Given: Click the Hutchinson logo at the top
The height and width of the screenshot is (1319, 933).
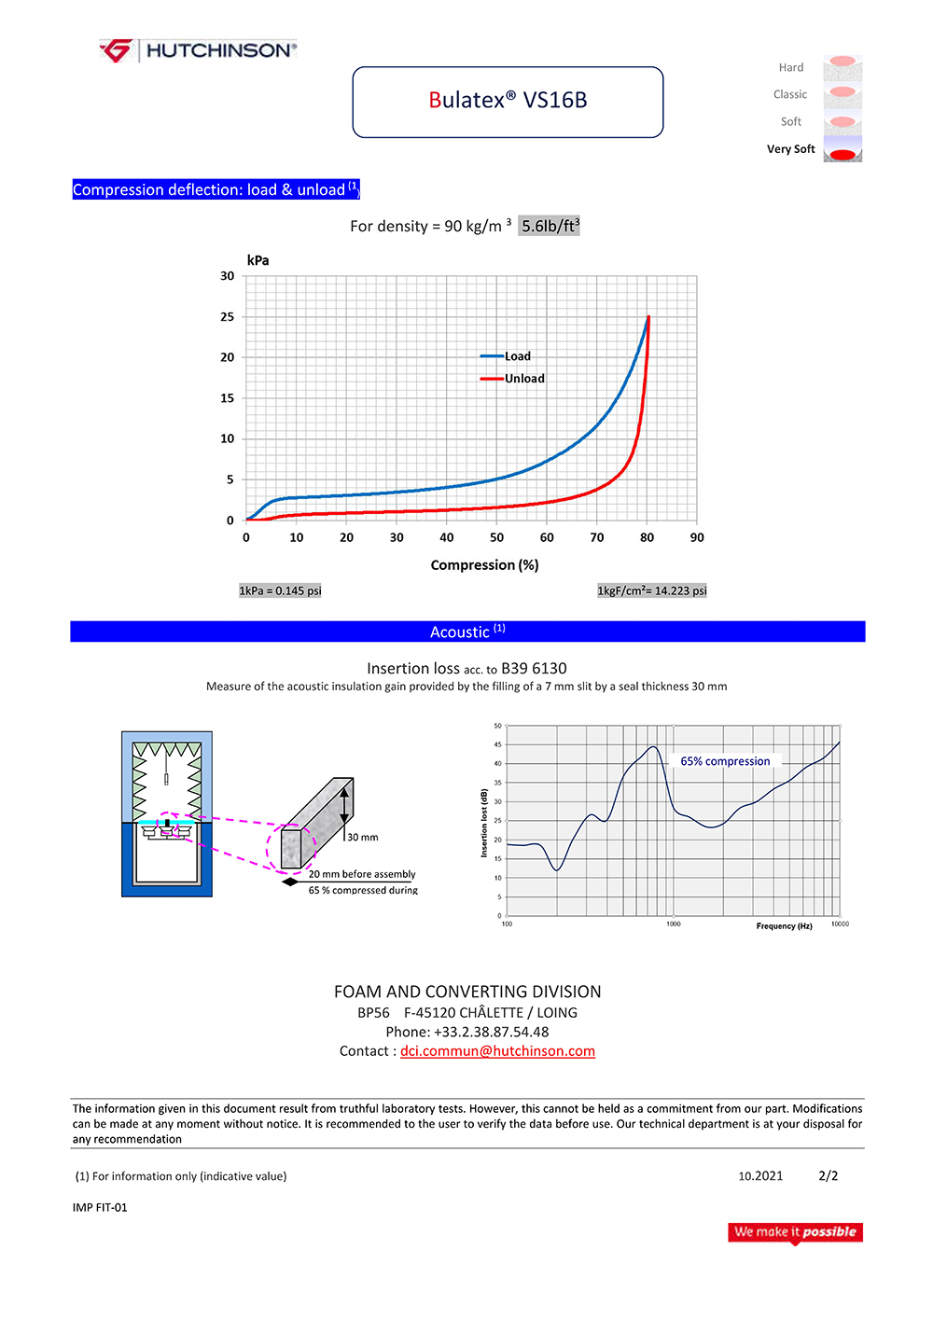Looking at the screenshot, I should [198, 50].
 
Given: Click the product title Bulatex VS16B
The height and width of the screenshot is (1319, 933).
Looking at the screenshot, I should [508, 101].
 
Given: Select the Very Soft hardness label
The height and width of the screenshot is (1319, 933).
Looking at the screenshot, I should [790, 149].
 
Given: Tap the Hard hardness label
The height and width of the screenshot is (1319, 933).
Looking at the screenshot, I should [791, 68].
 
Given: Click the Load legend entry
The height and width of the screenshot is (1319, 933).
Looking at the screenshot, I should [517, 356].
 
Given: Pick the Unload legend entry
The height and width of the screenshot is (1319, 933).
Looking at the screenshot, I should [524, 379].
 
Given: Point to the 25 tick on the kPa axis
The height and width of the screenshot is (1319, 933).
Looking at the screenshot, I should [228, 317].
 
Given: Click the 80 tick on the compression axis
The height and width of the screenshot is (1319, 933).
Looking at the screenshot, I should [647, 538].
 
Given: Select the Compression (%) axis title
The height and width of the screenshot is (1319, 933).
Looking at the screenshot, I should [484, 565].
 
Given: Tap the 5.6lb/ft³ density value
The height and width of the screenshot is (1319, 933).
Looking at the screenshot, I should [550, 226].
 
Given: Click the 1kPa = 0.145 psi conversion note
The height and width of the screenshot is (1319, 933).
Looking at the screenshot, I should [280, 590].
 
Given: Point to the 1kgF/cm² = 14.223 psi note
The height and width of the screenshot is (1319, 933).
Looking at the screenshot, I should [652, 590].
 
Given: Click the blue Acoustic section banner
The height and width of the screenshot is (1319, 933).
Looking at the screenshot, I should [467, 632].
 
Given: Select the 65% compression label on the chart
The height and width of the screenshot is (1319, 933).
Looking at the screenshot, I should [725, 761].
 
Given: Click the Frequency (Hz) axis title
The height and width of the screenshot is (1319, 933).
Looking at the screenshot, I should [784, 926].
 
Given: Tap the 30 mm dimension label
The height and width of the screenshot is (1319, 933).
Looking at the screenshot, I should [363, 838].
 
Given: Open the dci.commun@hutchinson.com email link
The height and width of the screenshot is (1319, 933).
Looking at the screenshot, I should [497, 1051].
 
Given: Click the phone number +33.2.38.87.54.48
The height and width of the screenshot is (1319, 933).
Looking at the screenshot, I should [491, 1032].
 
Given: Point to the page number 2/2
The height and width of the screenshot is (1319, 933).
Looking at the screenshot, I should [828, 1176].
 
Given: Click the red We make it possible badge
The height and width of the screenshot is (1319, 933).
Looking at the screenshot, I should [795, 1232].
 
